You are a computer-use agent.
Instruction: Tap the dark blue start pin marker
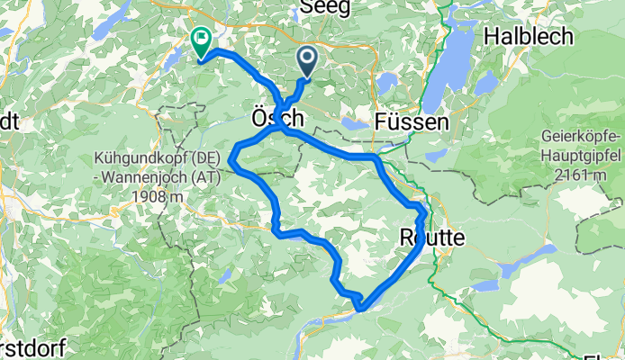(307, 61)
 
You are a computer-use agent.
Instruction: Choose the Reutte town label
(430, 237)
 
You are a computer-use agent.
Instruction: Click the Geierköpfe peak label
(581, 137)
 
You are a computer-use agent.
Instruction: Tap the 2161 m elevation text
(581, 174)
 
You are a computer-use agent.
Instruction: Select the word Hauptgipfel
(581, 155)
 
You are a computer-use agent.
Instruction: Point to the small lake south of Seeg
(387, 84)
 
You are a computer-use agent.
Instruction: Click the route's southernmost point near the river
(361, 308)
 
